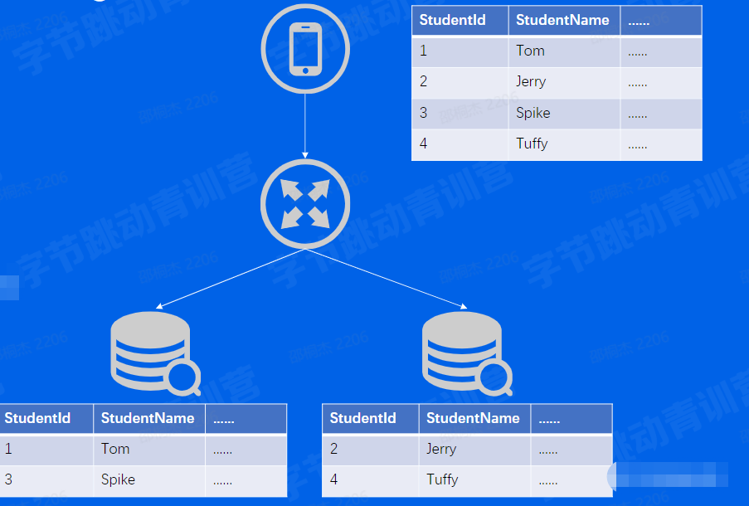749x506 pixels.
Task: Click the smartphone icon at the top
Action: click(305, 49)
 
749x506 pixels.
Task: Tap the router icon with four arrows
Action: click(305, 204)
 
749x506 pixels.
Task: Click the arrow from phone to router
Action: click(305, 124)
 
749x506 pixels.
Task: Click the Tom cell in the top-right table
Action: click(530, 51)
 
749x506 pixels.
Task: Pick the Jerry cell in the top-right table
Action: click(531, 81)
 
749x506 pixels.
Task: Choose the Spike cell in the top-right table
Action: click(533, 113)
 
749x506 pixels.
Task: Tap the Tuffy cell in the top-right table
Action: click(532, 144)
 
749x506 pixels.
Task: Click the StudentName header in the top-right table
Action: click(562, 20)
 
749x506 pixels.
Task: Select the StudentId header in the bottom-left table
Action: click(37, 418)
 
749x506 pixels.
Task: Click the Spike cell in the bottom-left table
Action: click(118, 479)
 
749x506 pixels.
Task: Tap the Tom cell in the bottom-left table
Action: click(115, 449)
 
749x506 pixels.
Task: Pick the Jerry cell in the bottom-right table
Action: click(441, 449)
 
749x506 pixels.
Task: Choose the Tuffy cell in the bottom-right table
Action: click(442, 479)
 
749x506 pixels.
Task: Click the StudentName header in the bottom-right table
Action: click(473, 418)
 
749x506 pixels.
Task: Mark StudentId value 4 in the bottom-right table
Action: click(333, 479)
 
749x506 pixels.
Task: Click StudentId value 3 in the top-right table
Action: click(423, 113)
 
